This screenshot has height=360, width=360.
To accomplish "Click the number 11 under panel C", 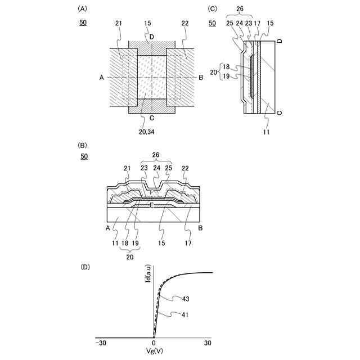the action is pos(266,132).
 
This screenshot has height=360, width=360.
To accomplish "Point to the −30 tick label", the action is pos(101,343).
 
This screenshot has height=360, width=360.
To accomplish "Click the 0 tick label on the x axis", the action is pos(154,343).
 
